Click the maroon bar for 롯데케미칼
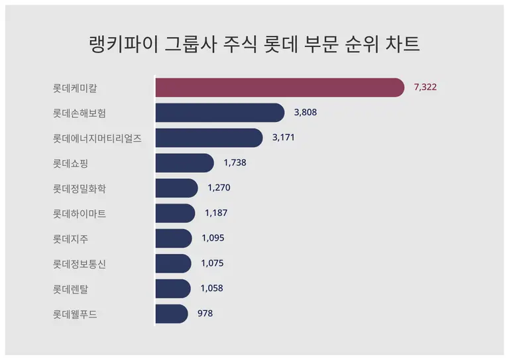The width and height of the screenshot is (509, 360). pyautogui.click(x=279, y=88)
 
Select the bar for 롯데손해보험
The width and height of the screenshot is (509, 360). pyautogui.click(x=219, y=113)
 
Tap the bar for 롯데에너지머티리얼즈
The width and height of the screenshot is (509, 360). pyautogui.click(x=209, y=138)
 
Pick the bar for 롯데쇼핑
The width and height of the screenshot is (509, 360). pyautogui.click(x=184, y=163)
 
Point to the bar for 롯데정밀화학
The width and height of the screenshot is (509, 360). pyautogui.click(x=176, y=188)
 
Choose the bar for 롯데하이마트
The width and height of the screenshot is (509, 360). pyautogui.click(x=175, y=213)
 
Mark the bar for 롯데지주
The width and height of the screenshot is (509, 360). pyautogui.click(x=173, y=239)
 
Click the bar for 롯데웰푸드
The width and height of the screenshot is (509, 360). pyautogui.click(x=171, y=314)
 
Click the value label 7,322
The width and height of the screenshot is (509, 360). pyautogui.click(x=425, y=88)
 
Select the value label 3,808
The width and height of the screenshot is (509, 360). pyautogui.click(x=306, y=113)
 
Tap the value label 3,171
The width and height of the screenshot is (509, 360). pyautogui.click(x=284, y=138)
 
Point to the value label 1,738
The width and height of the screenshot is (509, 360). pyautogui.click(x=235, y=163)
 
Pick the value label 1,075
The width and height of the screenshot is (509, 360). pyautogui.click(x=212, y=263)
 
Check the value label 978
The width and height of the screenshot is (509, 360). pyautogui.click(x=205, y=314)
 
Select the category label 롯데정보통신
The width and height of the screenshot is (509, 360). pyautogui.click(x=80, y=264)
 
